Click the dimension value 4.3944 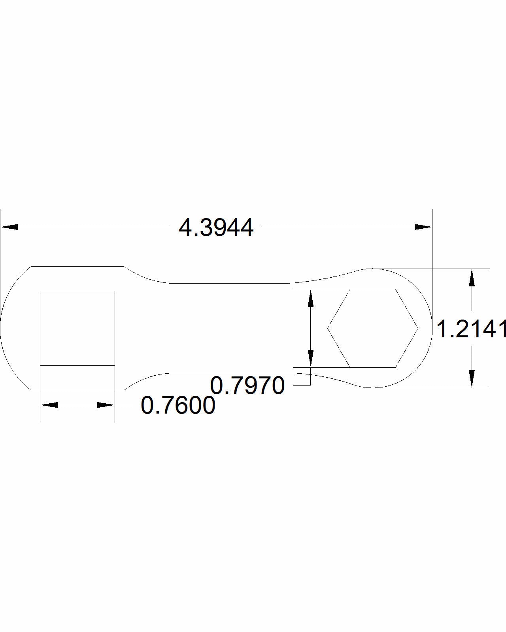216,228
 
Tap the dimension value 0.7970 247,386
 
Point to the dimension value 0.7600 178,406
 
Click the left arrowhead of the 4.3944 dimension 9,227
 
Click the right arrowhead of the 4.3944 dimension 423,227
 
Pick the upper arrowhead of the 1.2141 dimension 472,278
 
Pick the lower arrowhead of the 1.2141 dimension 472,379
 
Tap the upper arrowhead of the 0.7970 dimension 311,298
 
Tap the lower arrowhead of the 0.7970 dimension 311,358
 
